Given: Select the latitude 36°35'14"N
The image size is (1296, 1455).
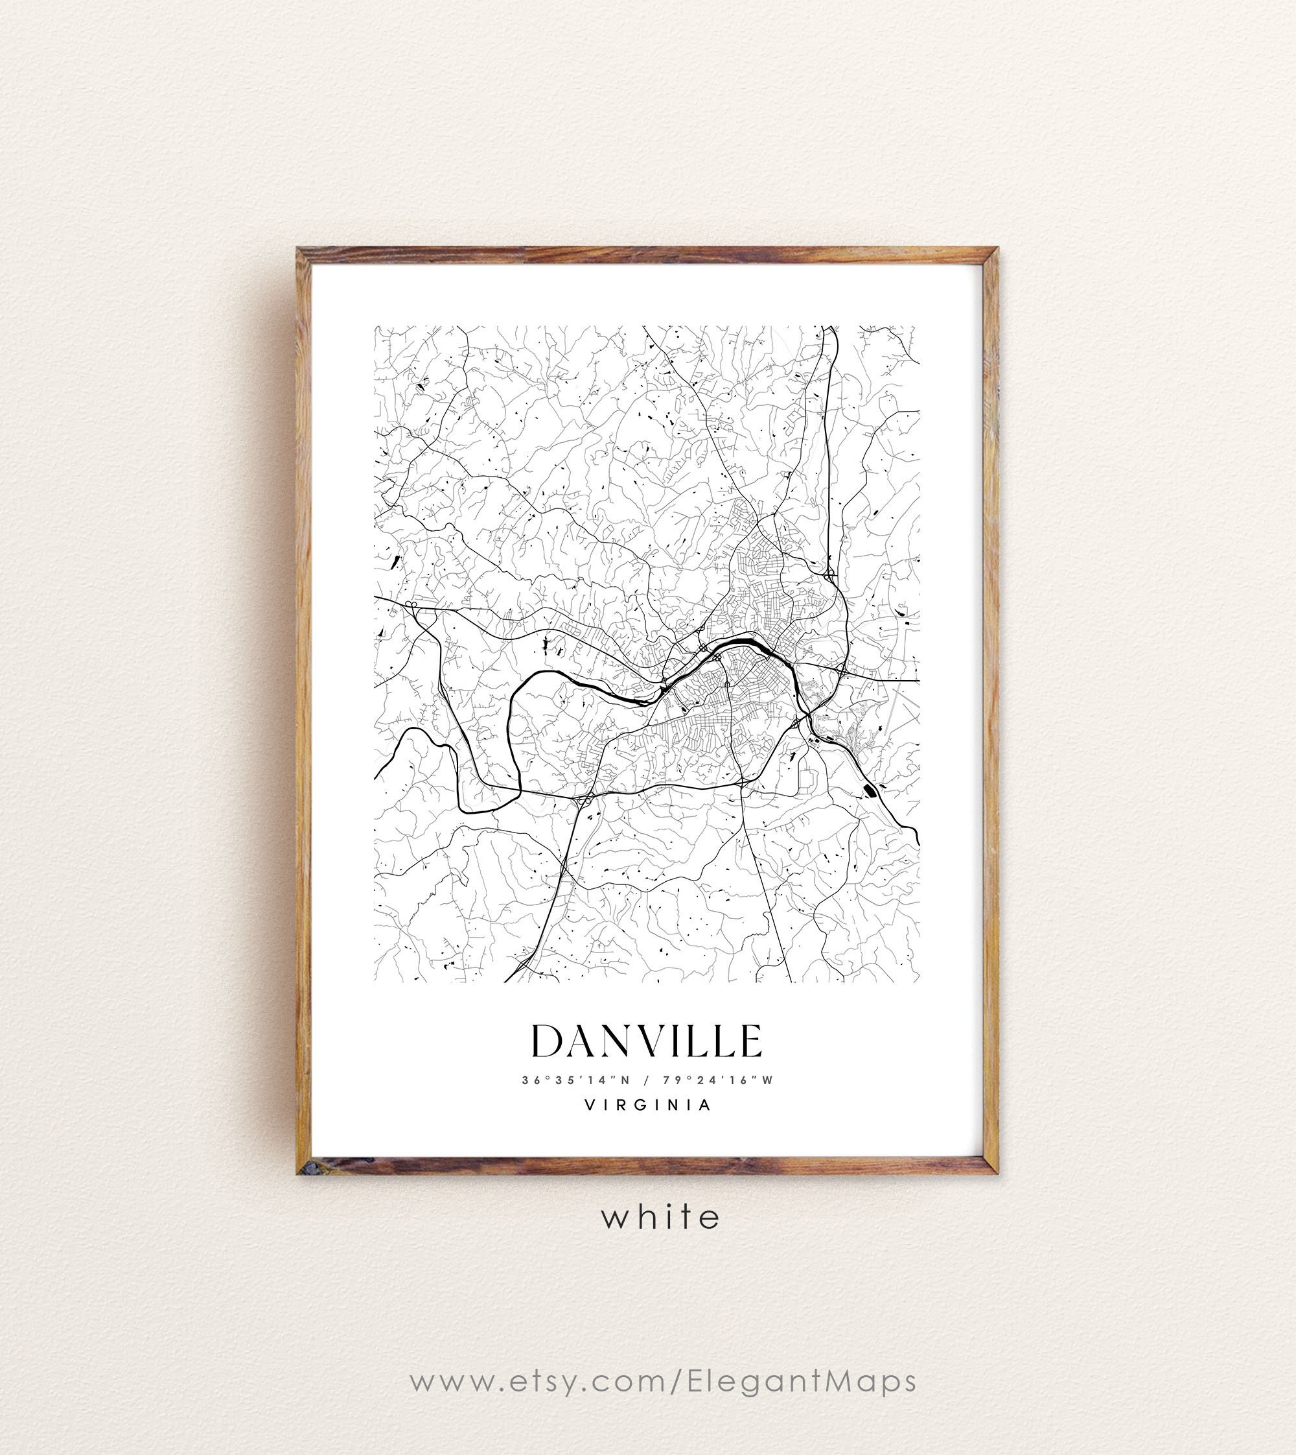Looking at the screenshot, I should pyautogui.click(x=576, y=1080).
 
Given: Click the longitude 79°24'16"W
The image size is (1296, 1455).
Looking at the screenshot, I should pyautogui.click(x=717, y=1080).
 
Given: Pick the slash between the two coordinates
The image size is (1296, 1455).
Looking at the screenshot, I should pyautogui.click(x=645, y=1080).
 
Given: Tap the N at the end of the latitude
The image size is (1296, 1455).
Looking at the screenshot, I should pyautogui.click(x=625, y=1080).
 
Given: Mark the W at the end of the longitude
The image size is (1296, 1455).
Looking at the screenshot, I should pyautogui.click(x=767, y=1080).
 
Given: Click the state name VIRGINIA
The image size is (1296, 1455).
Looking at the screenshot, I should pyautogui.click(x=647, y=1105).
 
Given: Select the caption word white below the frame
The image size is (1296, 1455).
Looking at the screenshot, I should pyautogui.click(x=661, y=1217).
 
